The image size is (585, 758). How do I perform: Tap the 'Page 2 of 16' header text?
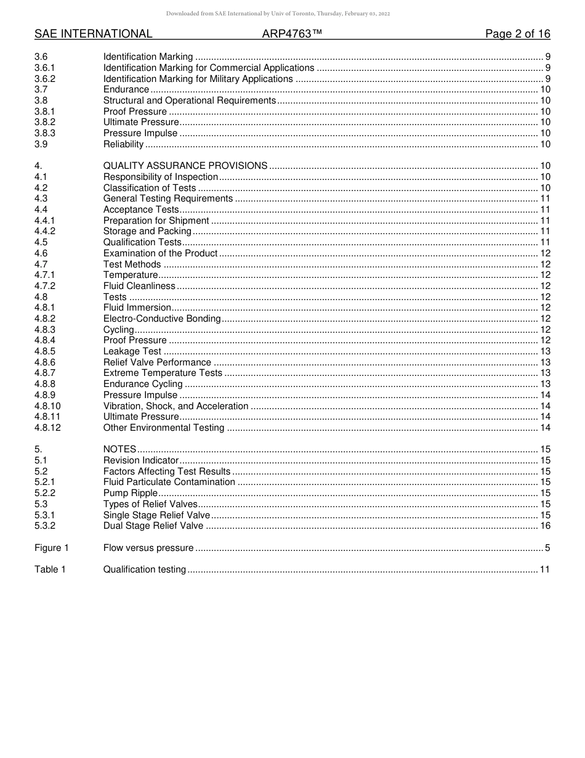(517, 34)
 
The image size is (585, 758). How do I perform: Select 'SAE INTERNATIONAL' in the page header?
(93, 34)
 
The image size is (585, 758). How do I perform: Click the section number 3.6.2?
(45, 79)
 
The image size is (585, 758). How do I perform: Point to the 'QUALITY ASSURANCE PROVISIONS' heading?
(185, 166)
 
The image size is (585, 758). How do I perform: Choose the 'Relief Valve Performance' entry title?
(157, 362)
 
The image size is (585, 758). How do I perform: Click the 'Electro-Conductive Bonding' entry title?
(162, 319)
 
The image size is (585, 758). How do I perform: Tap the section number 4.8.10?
(47, 406)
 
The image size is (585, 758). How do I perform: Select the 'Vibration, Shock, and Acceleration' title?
(175, 406)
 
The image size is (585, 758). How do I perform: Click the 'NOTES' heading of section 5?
(119, 449)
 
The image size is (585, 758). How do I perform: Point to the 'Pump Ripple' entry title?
(131, 493)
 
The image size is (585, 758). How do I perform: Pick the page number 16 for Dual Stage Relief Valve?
(545, 526)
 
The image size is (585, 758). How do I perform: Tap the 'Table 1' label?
(50, 569)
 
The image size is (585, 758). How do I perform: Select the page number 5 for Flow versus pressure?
(547, 548)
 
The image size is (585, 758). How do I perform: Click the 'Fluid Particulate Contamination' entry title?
(169, 482)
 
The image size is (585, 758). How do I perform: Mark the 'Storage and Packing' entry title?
(147, 231)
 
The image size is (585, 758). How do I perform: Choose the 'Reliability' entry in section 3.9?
(123, 144)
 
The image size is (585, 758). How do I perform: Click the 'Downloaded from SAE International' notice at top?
(278, 14)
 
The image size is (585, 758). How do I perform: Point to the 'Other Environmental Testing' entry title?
(163, 428)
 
